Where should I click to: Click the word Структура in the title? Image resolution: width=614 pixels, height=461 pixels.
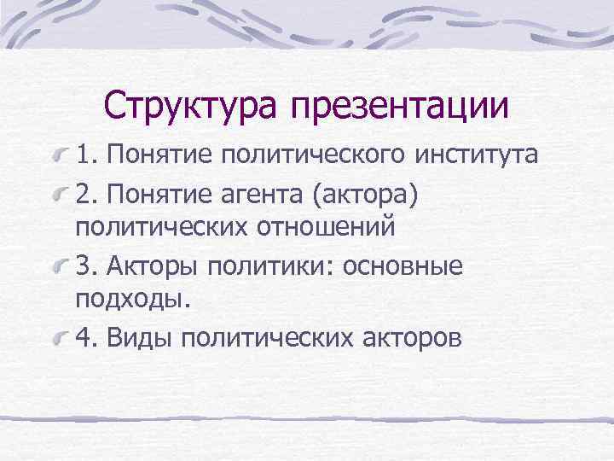click(x=190, y=105)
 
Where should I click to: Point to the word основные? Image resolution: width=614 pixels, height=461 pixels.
click(x=402, y=266)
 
